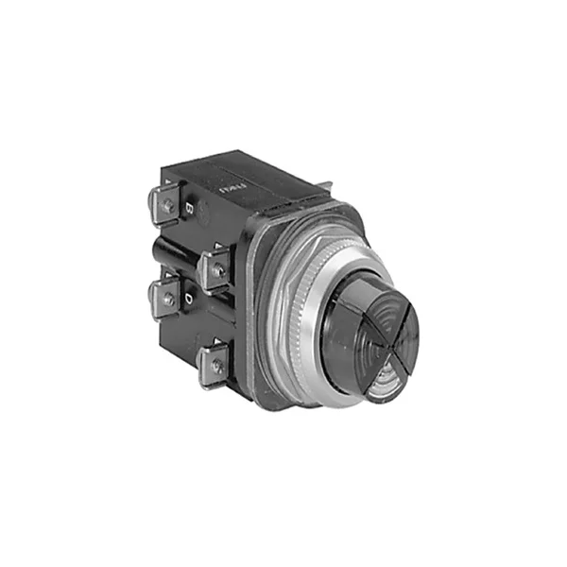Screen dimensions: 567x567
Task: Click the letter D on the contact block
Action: click(190, 300)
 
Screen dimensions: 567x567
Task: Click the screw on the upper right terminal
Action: click(217, 270)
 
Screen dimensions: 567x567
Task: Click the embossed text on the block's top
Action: click(231, 176)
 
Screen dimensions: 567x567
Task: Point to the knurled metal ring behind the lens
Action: click(288, 302)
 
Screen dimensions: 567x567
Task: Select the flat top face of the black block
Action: click(246, 170)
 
